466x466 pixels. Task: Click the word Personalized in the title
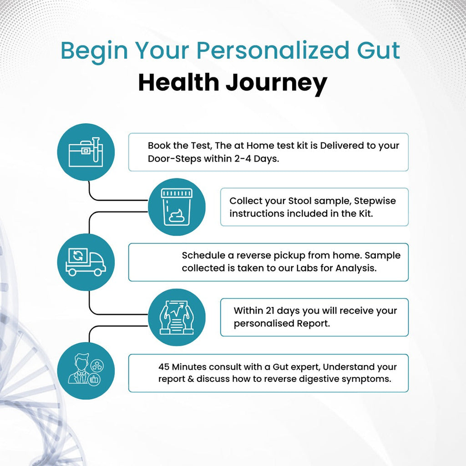[x=264, y=51]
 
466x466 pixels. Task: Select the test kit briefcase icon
[x=86, y=152]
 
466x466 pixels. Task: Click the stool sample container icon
[x=177, y=207]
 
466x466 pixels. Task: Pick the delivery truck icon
[x=86, y=262]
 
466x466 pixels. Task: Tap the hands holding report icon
[x=177, y=317]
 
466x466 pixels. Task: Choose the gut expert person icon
[x=86, y=371]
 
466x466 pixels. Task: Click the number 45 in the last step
[x=165, y=366]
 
